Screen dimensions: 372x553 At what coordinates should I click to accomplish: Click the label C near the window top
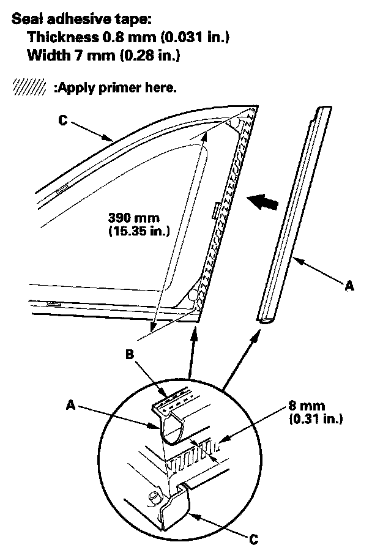[63, 121]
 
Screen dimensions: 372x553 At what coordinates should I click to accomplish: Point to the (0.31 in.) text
[314, 420]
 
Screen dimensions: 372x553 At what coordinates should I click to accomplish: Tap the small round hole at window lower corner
[193, 295]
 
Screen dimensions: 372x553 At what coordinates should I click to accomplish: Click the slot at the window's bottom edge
[53, 304]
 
